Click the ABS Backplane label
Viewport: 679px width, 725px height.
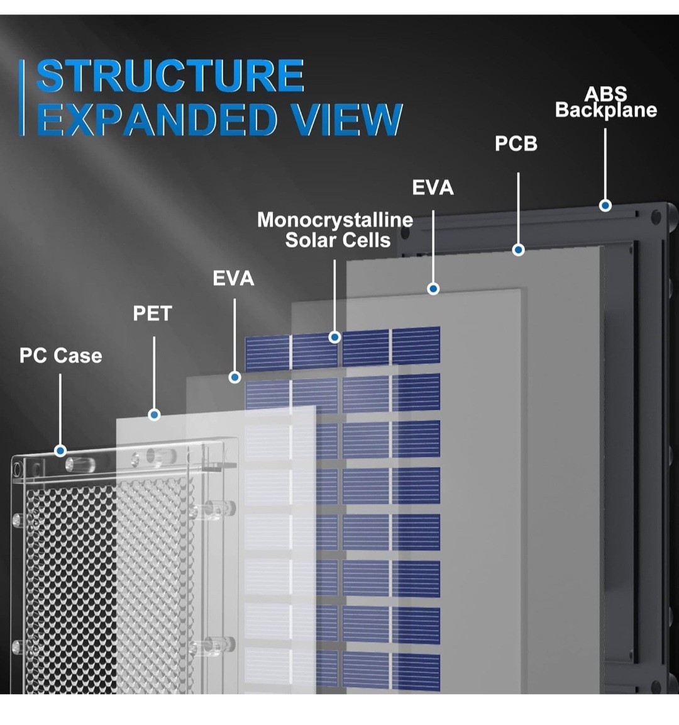point(605,102)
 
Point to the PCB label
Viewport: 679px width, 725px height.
point(516,143)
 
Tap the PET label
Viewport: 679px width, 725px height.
point(152,313)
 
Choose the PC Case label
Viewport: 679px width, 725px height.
point(60,356)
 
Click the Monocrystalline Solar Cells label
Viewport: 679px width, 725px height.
point(335,230)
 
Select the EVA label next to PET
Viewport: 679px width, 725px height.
point(233,278)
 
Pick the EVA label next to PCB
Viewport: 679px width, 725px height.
point(433,188)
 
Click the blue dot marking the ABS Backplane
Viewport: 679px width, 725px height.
point(605,205)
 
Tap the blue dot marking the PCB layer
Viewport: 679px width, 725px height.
point(518,250)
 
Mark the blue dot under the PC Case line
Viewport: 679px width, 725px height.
point(60,451)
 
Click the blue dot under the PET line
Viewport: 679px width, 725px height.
point(154,414)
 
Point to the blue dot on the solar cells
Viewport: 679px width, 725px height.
point(334,337)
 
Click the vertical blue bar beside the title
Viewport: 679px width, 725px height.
point(22,98)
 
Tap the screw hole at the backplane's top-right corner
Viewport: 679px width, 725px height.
point(656,217)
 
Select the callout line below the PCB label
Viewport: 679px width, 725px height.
point(518,208)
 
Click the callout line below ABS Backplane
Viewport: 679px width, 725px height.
point(605,164)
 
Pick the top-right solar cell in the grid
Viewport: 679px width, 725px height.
point(416,346)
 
